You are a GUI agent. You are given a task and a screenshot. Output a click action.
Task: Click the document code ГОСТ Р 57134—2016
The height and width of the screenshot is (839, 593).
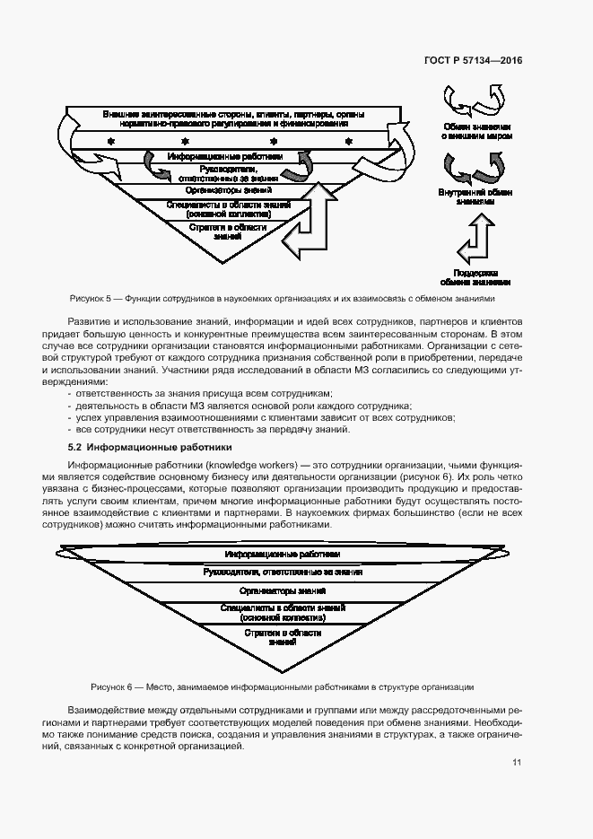point(473,61)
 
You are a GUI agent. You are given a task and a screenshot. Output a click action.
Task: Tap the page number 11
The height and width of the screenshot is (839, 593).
point(517,763)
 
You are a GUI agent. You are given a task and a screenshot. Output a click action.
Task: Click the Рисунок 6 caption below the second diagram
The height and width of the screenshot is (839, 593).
point(282,687)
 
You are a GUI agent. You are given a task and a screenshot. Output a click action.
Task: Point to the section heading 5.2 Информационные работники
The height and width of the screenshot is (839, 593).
point(150,446)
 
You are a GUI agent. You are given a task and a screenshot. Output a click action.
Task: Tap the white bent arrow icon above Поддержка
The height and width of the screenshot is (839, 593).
point(475,243)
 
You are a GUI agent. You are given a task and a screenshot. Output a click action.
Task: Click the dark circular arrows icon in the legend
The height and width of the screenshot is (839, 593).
point(475,167)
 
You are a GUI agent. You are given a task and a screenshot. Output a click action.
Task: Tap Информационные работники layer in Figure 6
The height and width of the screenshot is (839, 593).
point(282,555)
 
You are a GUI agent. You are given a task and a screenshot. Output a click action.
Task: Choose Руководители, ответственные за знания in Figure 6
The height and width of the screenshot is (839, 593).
point(282,572)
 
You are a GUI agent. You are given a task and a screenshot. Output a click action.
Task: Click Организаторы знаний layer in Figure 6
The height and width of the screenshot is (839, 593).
point(282,592)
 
